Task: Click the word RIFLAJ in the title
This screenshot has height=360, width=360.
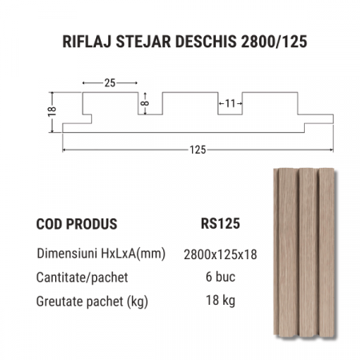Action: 86,42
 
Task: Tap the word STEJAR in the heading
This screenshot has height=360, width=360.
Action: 143,42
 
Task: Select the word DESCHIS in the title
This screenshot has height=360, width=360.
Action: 206,42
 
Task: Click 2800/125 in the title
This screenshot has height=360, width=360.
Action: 274,42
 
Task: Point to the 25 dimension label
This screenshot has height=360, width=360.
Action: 110,83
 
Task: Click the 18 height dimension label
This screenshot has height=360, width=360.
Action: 52,111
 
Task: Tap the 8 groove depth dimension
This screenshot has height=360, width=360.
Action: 146,103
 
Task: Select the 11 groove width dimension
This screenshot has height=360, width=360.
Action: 230,103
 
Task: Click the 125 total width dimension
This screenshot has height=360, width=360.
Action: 198,150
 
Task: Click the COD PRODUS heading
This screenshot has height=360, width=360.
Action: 77,224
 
